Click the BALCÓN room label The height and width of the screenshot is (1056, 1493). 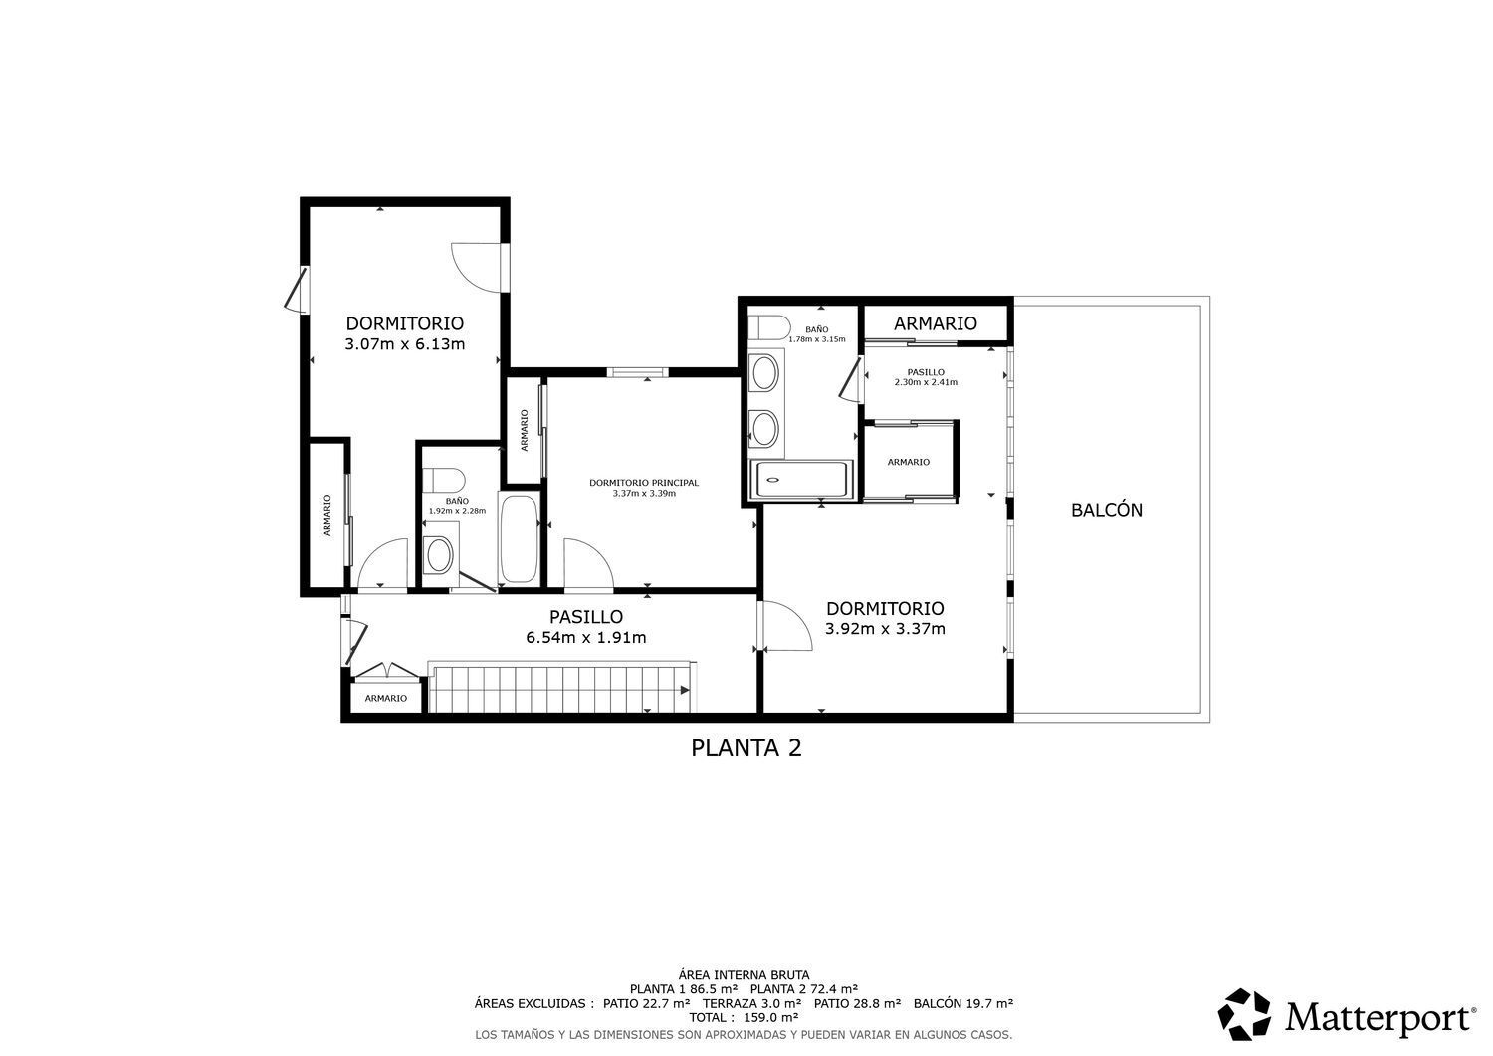1107,510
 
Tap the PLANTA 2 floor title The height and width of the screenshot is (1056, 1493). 746,748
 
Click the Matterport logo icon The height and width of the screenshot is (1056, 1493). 1244,1014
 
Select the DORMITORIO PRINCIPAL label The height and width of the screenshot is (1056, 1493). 644,482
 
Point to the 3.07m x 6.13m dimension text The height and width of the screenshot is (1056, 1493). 404,344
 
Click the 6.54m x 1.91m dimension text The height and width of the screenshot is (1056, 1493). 586,637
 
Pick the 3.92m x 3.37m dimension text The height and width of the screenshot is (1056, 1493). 885,629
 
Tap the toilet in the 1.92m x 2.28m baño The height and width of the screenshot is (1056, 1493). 444,480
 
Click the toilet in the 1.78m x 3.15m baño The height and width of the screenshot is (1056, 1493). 768,328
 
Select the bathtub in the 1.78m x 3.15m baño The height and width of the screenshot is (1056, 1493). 801,479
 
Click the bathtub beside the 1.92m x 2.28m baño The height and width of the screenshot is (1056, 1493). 519,538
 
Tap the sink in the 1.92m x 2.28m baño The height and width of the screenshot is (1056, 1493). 439,554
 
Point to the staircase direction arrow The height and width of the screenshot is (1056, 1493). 684,690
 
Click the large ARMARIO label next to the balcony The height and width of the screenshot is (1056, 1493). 936,323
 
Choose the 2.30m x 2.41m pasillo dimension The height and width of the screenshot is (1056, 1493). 926,382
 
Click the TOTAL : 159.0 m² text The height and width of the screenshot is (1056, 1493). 744,1017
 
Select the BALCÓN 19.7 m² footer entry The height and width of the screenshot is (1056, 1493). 963,1003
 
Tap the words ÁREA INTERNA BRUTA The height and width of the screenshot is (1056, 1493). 744,975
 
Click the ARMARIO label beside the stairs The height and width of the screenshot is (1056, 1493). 386,698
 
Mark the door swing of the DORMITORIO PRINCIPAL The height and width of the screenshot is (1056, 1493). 589,564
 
